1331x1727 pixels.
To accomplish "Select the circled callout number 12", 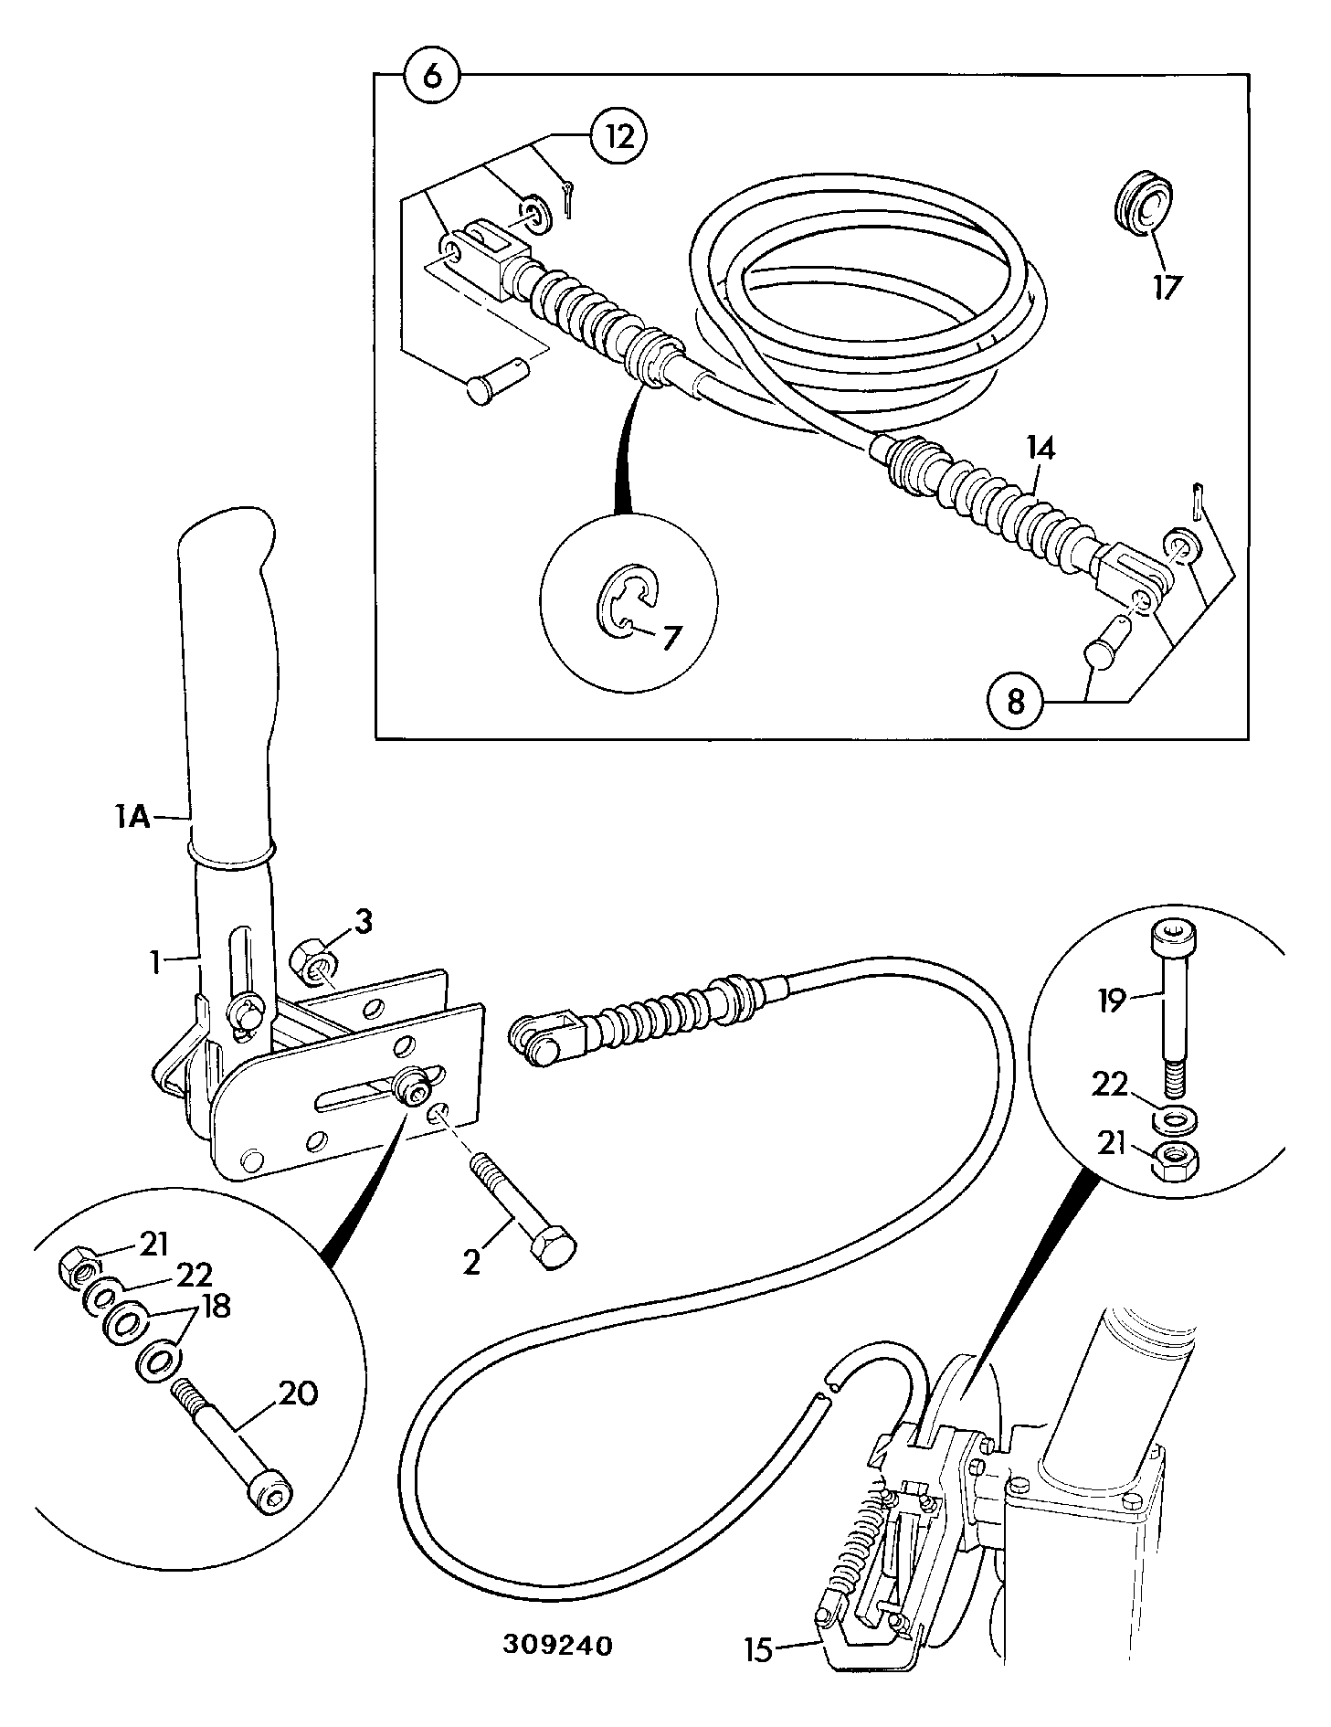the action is click(618, 137).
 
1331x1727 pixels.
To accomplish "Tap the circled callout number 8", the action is click(1016, 702).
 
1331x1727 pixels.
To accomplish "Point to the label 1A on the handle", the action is click(132, 816).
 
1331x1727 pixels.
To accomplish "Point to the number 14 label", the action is click(1041, 449).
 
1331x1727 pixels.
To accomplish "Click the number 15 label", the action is click(759, 1649).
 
